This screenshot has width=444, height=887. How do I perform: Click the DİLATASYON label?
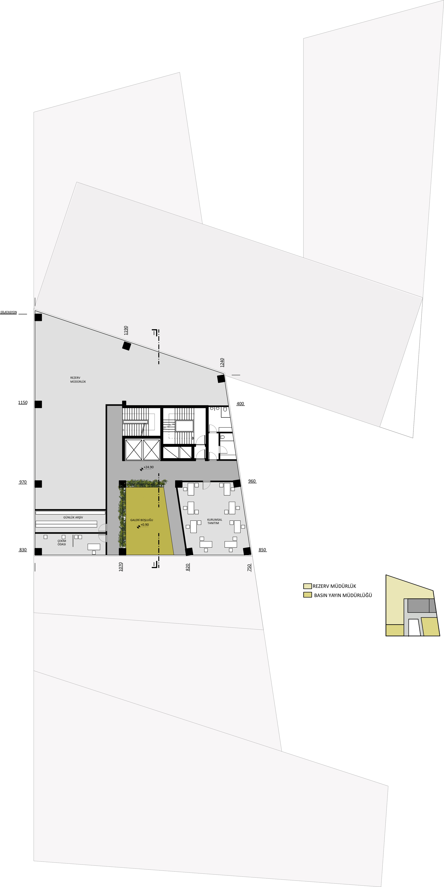[x=9, y=312]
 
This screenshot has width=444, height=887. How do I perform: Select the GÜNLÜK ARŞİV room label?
[x=73, y=517]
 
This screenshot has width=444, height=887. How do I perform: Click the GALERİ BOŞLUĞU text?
[x=141, y=520]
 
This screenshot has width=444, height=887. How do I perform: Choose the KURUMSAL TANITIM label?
[x=214, y=521]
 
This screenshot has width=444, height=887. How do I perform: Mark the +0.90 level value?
[x=145, y=525]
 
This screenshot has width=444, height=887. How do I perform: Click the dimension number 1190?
[x=126, y=330]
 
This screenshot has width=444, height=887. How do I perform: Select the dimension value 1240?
[x=222, y=363]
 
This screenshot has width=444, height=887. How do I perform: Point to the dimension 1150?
[x=23, y=403]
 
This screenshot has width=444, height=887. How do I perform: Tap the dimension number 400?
[x=240, y=404]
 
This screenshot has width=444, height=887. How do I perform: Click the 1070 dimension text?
[x=121, y=567]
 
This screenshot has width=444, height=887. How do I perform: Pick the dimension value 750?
[x=249, y=568]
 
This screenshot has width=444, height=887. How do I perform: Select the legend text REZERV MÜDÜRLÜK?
[x=334, y=586]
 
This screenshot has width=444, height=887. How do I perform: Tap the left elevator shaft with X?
[x=134, y=450]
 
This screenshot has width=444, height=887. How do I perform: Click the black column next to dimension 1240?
[x=221, y=379]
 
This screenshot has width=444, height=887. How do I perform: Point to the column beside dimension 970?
[x=38, y=484]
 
